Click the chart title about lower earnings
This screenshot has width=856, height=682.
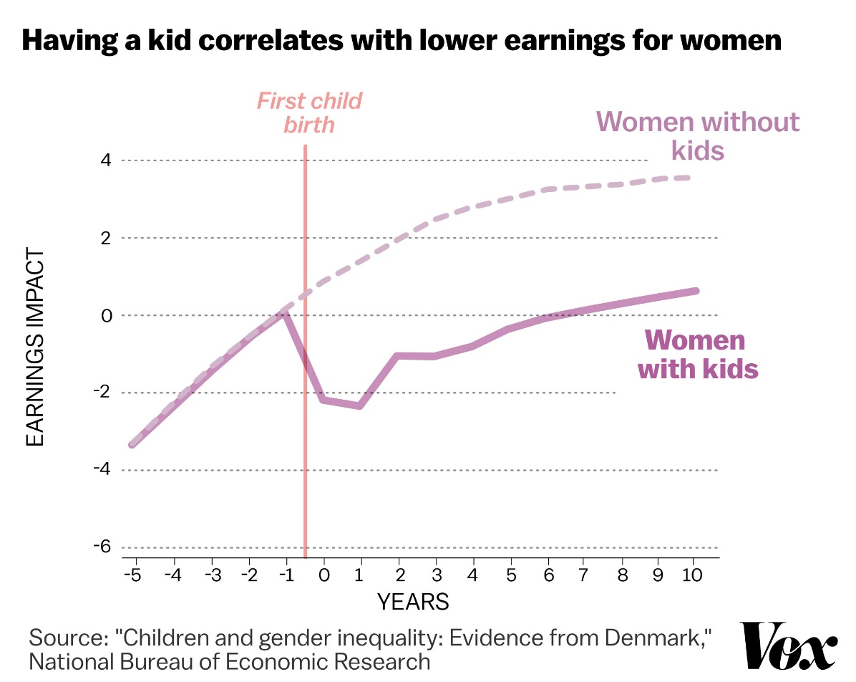[401, 41]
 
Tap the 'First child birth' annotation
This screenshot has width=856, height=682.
[309, 112]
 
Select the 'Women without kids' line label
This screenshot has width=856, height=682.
[698, 135]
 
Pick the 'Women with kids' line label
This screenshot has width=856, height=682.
[698, 355]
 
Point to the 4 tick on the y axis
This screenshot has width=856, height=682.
[105, 160]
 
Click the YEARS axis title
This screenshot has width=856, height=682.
[413, 602]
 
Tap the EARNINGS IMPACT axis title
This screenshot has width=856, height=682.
[35, 347]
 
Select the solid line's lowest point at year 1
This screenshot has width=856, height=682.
[360, 406]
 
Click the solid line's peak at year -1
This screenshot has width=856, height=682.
[286, 312]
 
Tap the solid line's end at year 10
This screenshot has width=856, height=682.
[694, 291]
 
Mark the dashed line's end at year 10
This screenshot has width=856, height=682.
[689, 177]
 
